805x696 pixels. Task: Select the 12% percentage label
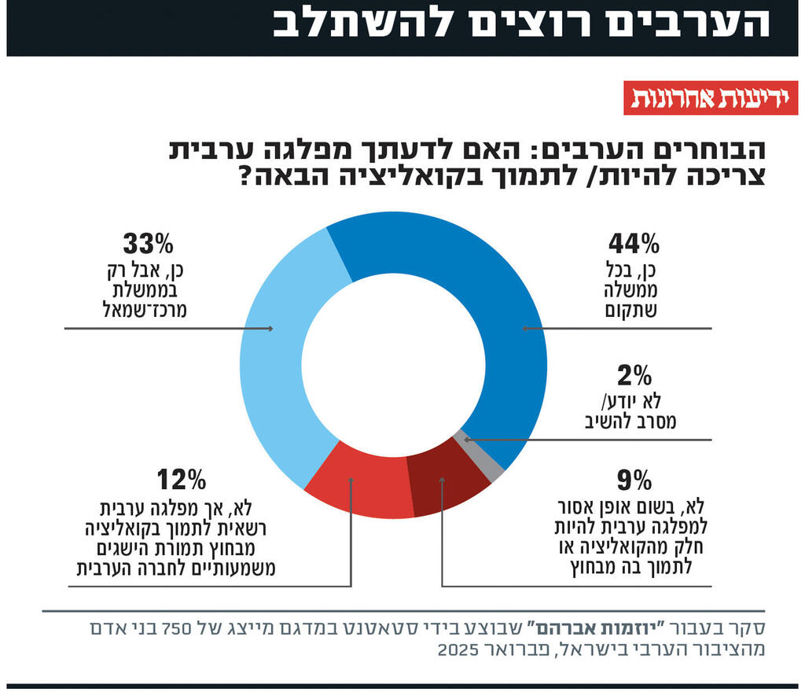tap(181, 478)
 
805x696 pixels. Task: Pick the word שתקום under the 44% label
tap(633, 310)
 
